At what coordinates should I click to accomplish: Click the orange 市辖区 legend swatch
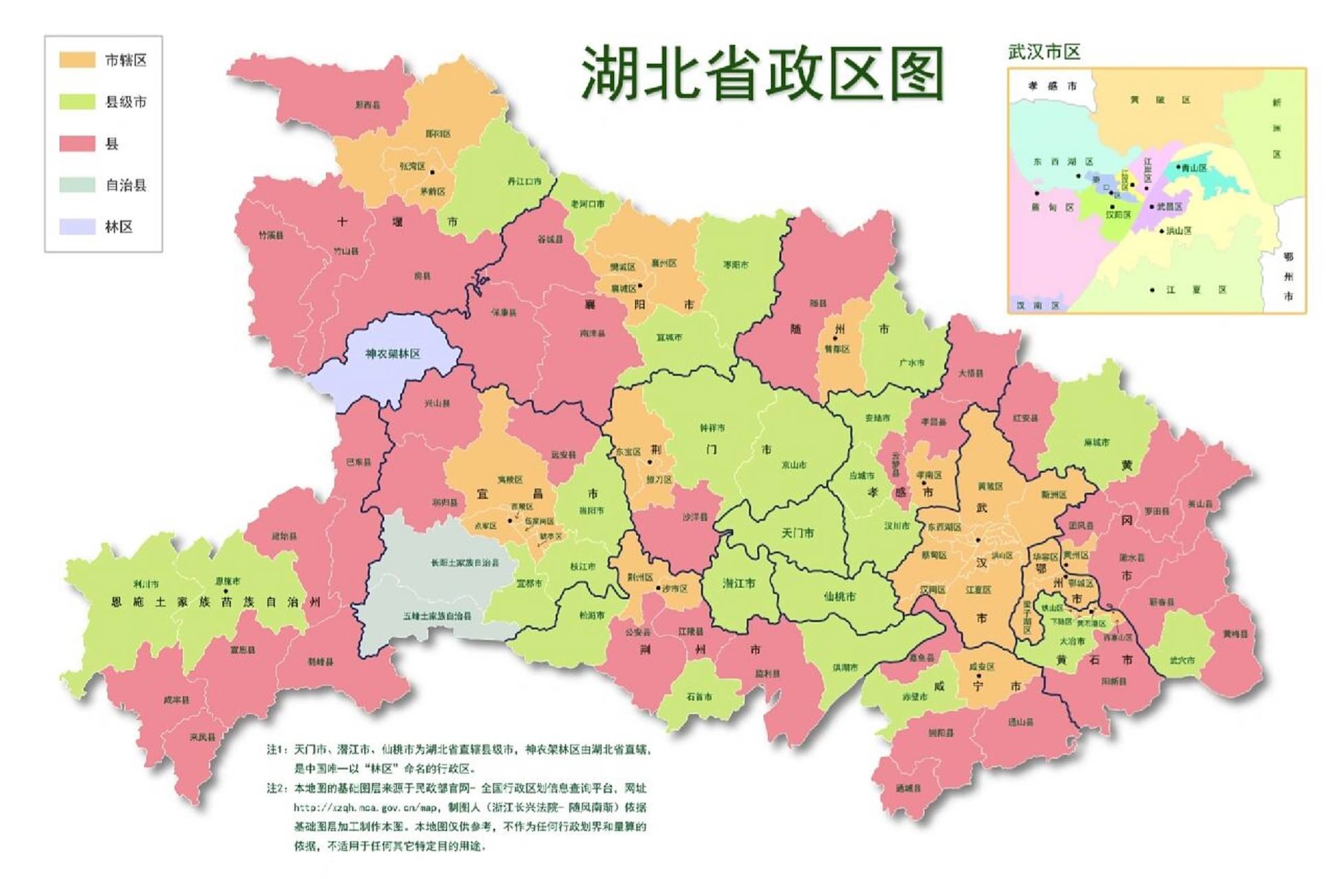coord(77,60)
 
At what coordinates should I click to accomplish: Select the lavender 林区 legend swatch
coord(77,227)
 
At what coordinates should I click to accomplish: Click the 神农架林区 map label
coord(392,354)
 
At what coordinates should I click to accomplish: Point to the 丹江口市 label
coord(524,181)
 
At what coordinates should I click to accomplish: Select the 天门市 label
coord(798,532)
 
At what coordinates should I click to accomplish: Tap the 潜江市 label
coord(739,583)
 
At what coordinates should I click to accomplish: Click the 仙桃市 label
coord(839,597)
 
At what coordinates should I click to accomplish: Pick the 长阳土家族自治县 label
coord(464,562)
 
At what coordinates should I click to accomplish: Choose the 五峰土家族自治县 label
coord(437,616)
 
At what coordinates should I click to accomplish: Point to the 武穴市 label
coord(1182,660)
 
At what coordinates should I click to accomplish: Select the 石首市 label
coord(699,696)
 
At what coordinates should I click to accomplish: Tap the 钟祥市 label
coord(712,428)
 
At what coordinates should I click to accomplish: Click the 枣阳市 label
coord(735,264)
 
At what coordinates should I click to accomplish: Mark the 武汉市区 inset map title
coord(1044,52)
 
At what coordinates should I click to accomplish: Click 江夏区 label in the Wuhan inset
coord(1195,290)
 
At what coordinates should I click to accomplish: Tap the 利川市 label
coord(146,584)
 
